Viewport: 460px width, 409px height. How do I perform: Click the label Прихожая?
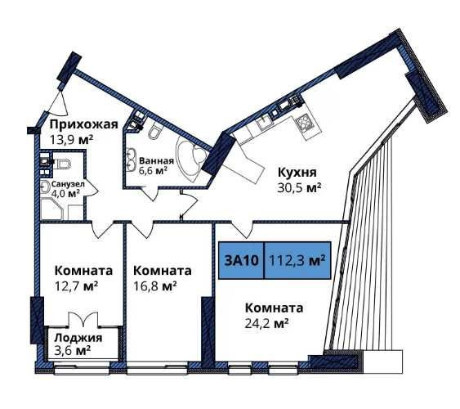(83, 124)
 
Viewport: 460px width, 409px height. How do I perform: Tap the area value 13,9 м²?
(70, 140)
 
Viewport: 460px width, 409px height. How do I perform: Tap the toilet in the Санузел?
(63, 166)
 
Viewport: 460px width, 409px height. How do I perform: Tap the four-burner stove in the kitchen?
(305, 124)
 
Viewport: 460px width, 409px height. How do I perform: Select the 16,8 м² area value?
(155, 286)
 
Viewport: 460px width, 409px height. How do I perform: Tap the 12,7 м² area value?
(77, 286)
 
